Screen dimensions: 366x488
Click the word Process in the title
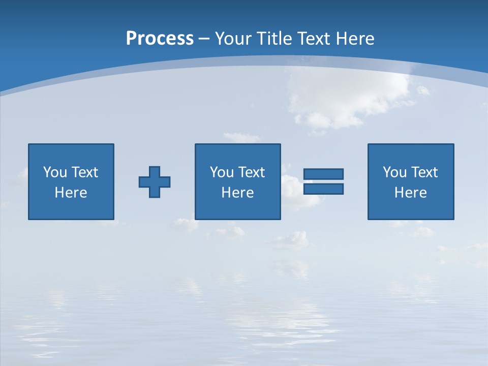(160, 39)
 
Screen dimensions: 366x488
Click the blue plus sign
(155, 181)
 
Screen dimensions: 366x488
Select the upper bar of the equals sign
(323, 174)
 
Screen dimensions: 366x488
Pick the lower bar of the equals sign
(323, 189)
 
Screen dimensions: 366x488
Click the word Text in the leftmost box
(85, 172)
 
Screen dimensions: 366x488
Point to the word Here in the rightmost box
(411, 193)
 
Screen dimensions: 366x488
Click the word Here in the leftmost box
(71, 193)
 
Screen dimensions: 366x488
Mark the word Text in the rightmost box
(425, 172)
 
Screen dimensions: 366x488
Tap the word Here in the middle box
(238, 193)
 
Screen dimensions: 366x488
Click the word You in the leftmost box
(54, 172)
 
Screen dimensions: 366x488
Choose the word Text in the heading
(313, 39)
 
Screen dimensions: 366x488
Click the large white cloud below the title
(351, 97)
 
